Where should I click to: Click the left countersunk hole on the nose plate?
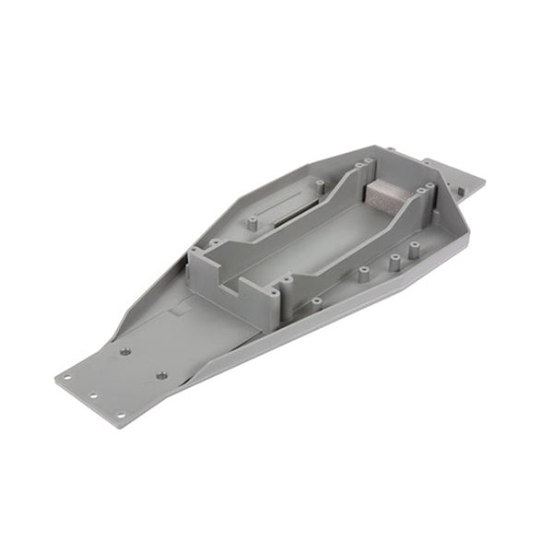coord(124,351)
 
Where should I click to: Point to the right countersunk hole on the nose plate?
coord(161,375)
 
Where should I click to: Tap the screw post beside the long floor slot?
coord(251,222)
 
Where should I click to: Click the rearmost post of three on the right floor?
coord(414,246)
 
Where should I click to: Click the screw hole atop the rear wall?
coord(429,188)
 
